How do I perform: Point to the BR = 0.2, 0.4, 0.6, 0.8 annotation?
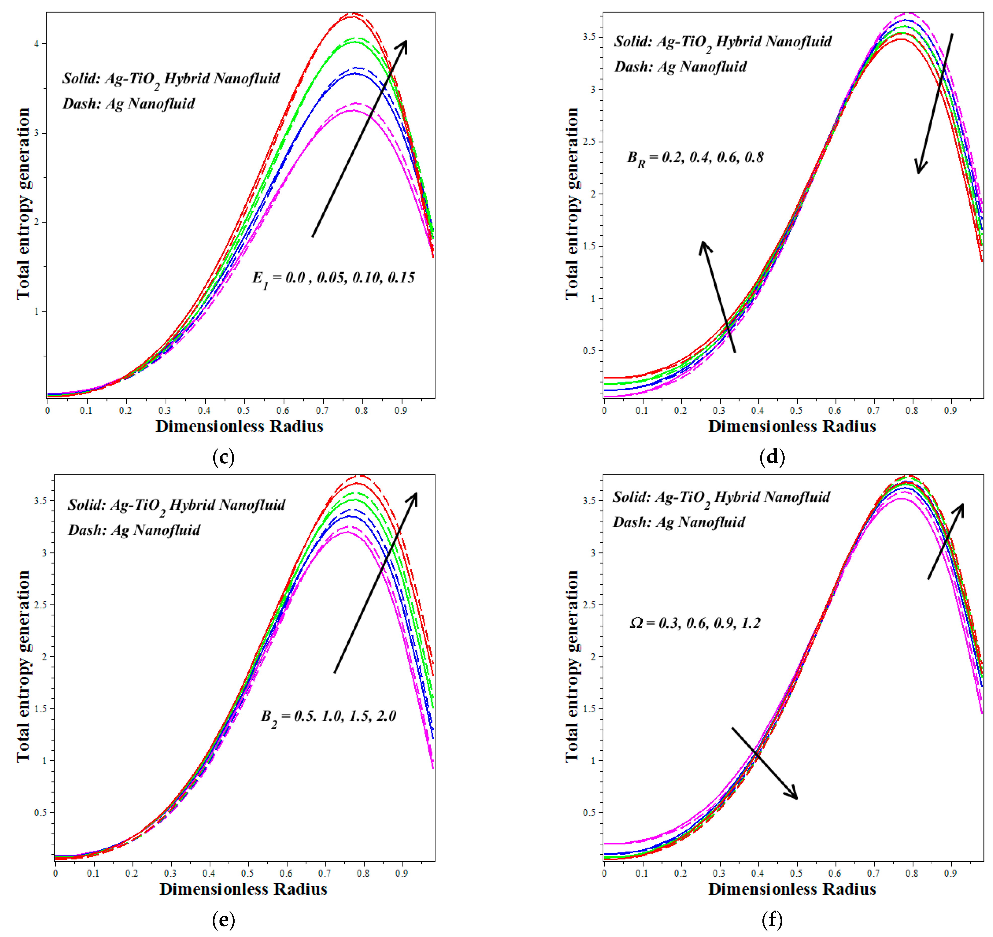click(x=695, y=158)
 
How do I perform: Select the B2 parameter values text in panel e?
click(x=329, y=717)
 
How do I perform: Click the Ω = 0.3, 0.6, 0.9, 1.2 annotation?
click(x=695, y=623)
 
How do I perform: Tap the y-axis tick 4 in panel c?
click(x=36, y=44)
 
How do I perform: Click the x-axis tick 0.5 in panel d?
click(x=796, y=410)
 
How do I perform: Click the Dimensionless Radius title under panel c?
click(x=239, y=427)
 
